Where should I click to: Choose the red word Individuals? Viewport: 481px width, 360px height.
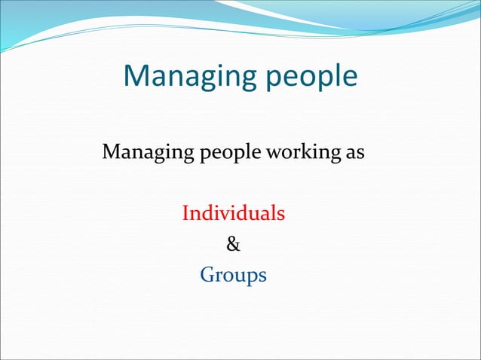coord(233,213)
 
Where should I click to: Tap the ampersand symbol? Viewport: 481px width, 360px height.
coord(234,244)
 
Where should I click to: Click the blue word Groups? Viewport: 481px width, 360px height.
coord(233,276)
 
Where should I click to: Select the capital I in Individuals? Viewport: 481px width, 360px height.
coord(186,213)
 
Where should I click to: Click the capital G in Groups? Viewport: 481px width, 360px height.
coord(207,275)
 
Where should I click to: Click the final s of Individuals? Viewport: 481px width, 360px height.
coord(280,214)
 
